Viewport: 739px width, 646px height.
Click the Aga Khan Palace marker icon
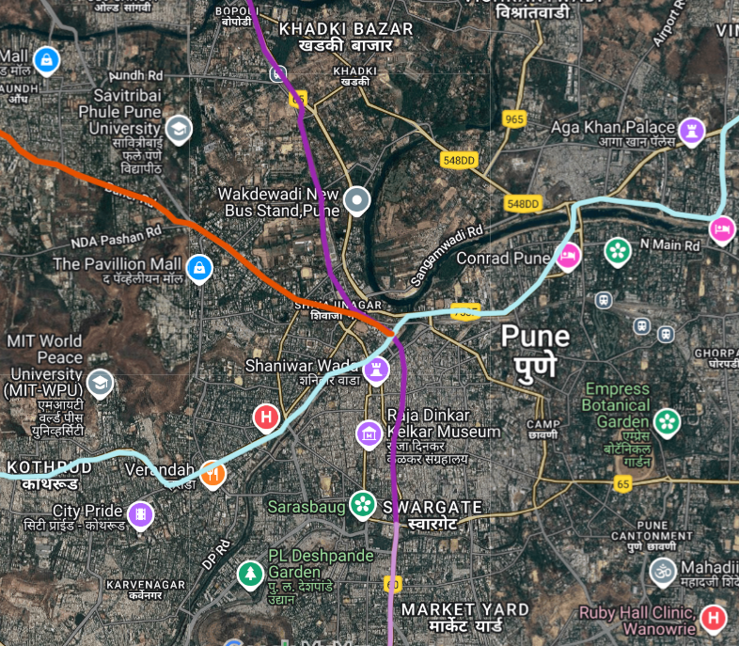(x=692, y=129)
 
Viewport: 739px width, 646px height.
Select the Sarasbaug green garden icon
(x=361, y=504)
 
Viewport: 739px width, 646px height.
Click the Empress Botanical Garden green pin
(x=668, y=420)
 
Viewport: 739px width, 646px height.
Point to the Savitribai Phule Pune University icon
(x=178, y=128)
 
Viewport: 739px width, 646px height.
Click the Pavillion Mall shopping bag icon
(x=198, y=267)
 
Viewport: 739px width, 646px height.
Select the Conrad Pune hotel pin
(x=567, y=255)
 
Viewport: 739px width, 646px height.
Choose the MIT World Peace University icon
(x=100, y=382)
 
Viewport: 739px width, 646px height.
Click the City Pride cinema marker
(x=141, y=513)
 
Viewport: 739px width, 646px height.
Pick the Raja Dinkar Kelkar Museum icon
(x=368, y=433)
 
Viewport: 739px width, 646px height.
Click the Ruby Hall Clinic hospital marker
(x=715, y=618)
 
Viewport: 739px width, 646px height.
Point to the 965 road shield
(x=513, y=119)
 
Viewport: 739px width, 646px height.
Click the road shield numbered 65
(x=622, y=482)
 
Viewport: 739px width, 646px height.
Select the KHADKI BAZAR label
(x=346, y=30)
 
